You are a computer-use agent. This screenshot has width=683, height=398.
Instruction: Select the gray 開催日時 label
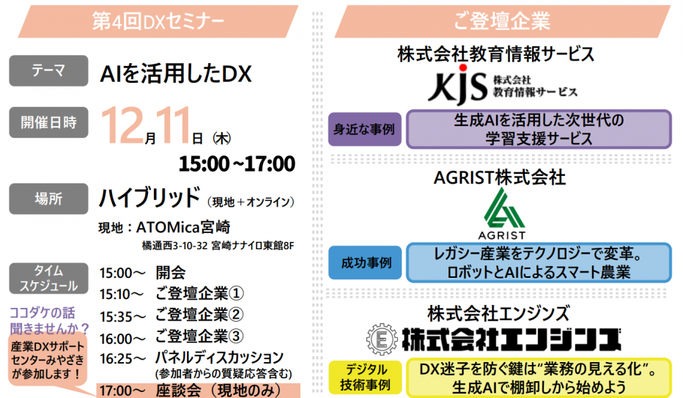click(x=48, y=122)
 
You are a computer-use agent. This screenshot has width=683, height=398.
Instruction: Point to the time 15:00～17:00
click(x=237, y=163)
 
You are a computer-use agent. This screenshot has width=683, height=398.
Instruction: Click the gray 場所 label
click(x=48, y=199)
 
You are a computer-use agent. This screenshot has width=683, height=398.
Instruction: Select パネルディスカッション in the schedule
click(x=219, y=357)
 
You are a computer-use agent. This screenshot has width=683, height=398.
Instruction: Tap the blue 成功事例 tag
click(x=364, y=262)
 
